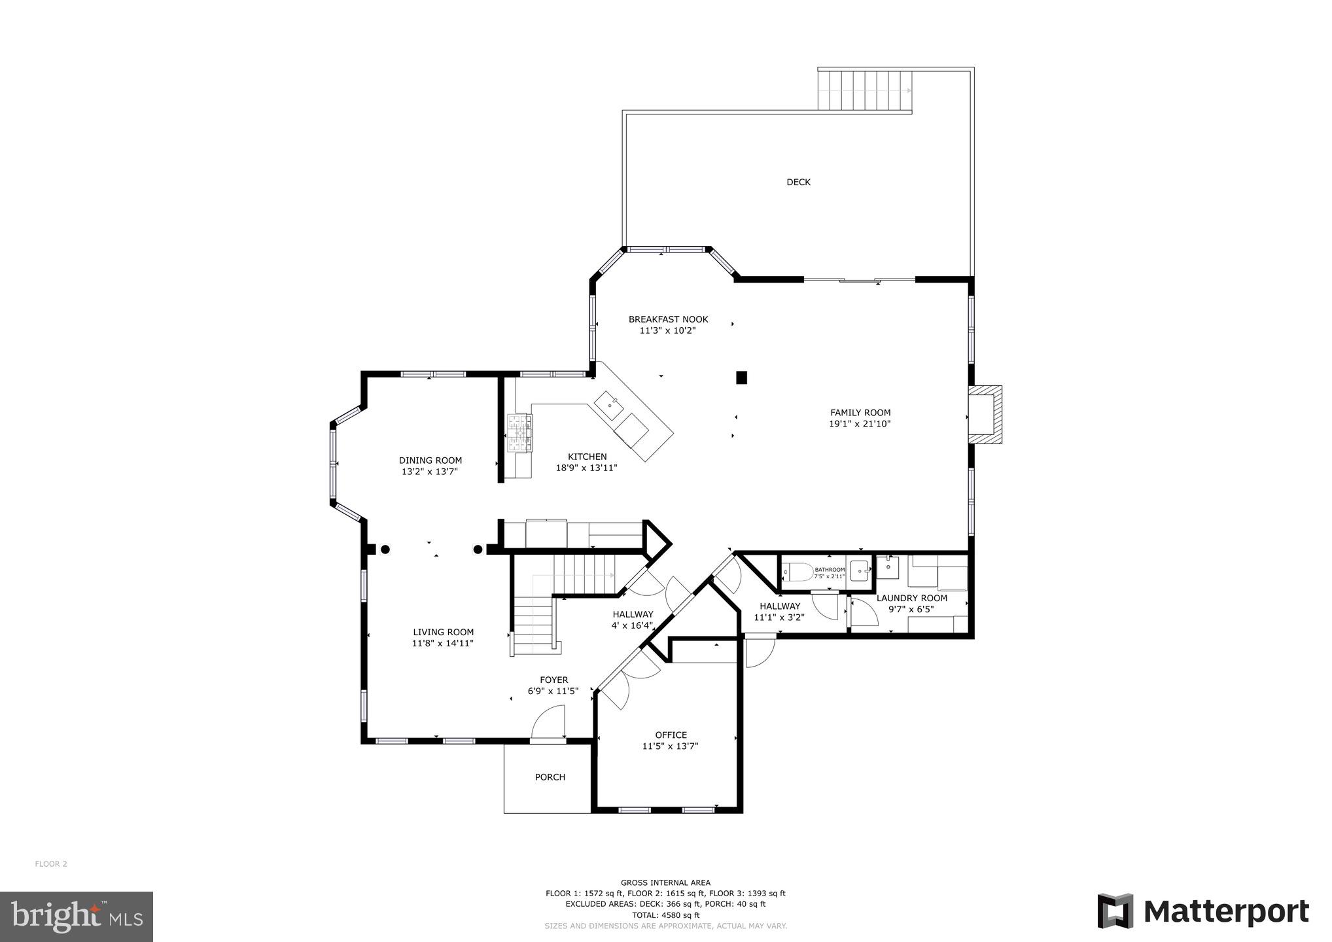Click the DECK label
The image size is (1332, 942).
[x=798, y=183]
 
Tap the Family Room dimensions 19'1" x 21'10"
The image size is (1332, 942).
[x=860, y=424]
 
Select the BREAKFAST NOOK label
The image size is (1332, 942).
[x=668, y=319]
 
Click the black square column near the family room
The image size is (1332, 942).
[x=741, y=377]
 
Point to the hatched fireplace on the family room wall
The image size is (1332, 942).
[x=986, y=415]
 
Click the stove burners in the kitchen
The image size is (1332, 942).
[x=521, y=432]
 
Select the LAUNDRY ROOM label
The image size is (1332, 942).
[x=911, y=598]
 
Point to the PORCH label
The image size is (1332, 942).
[x=550, y=777]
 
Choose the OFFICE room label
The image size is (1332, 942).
[x=671, y=735]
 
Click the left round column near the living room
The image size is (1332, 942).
[x=385, y=549]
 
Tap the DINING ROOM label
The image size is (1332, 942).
[x=430, y=461]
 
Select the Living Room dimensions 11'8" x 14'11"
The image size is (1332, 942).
[x=443, y=643]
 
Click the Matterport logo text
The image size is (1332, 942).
[x=1226, y=911]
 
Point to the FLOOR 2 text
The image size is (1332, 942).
[x=51, y=864]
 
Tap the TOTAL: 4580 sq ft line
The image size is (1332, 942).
[x=665, y=915]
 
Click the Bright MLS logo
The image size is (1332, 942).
[x=77, y=916]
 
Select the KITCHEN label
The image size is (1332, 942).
[x=587, y=457]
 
